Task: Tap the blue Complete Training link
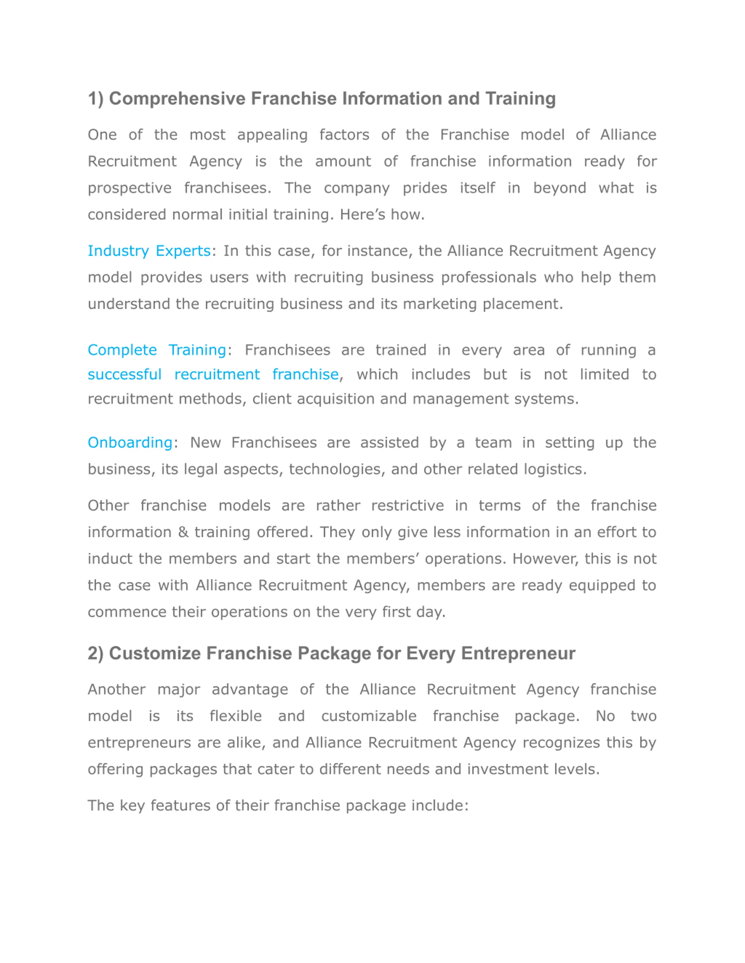[x=157, y=350]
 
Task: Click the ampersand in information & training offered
[x=183, y=532]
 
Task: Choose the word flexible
[x=236, y=716]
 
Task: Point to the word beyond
[x=560, y=188]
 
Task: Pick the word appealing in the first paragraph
[x=272, y=135]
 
